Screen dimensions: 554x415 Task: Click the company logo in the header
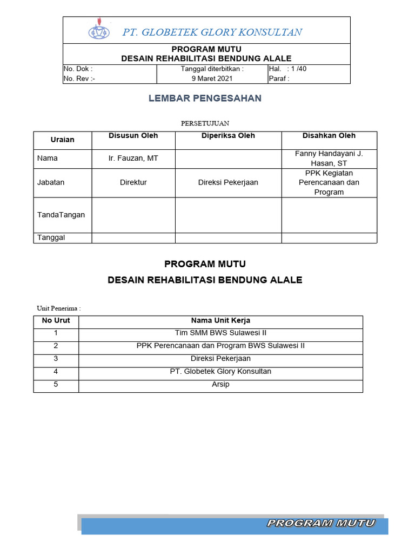coord(98,31)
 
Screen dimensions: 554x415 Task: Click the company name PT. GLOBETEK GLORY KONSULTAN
coord(212,32)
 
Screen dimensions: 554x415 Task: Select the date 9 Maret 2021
coord(212,78)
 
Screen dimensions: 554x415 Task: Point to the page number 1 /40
coord(298,69)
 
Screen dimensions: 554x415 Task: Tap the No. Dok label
coord(78,69)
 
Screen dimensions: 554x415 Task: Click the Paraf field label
coord(279,78)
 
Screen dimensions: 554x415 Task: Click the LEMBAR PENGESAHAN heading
coord(205,98)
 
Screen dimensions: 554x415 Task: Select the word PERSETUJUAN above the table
coord(205,123)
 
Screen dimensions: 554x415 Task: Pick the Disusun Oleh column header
coord(133,136)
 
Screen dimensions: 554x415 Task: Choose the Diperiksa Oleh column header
coord(228,136)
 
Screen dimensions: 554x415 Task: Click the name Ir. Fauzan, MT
coord(133,159)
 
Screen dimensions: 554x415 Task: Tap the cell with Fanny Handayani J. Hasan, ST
coord(329,159)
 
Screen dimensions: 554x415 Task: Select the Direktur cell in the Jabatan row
coord(133,182)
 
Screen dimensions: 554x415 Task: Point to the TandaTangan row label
coord(61,215)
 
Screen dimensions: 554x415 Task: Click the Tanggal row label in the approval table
coord(51,238)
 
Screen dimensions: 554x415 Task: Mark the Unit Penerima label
coord(58,308)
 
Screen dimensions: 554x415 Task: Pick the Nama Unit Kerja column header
coord(220,321)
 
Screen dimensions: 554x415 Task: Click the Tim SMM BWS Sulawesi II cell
coord(220,333)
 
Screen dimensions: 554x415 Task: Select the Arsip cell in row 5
coord(220,385)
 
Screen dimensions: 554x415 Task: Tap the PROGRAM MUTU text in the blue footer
coord(320,523)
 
